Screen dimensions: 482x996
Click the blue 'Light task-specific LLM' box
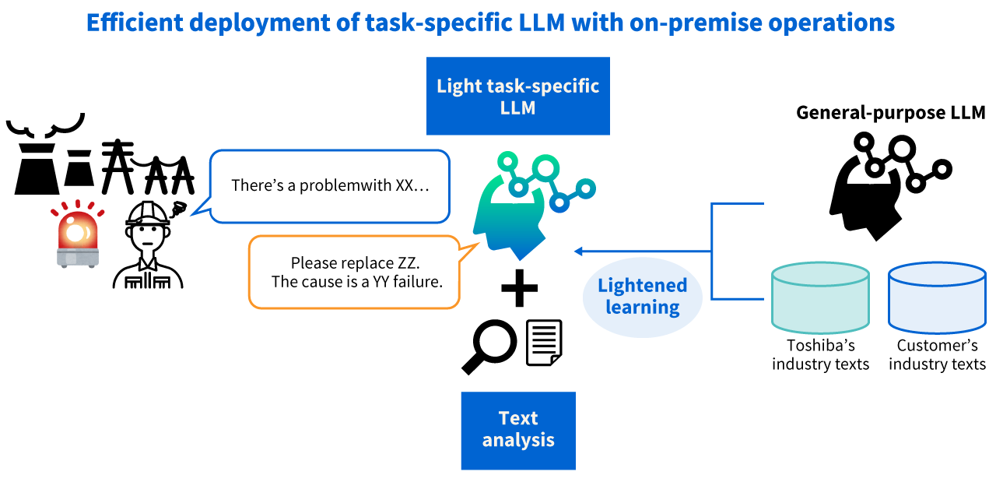tap(517, 96)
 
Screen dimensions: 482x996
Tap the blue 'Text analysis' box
tap(518, 430)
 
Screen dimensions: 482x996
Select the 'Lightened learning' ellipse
tap(642, 297)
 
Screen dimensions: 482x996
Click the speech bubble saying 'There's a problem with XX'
tap(330, 186)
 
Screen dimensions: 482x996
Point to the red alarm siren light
tap(77, 234)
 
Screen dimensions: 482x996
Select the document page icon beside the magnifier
tap(544, 343)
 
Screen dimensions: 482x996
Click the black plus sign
tap(519, 289)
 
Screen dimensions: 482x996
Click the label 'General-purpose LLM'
tap(890, 113)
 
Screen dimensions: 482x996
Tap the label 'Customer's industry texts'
tap(937, 355)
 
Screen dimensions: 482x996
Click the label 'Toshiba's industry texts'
tap(820, 355)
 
